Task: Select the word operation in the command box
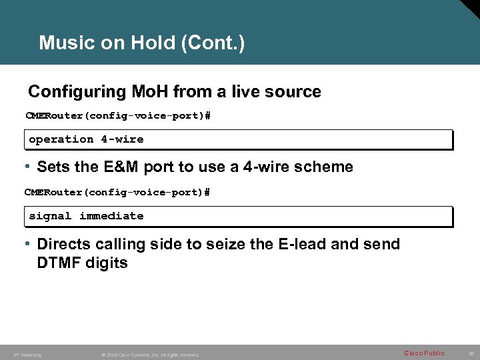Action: pyautogui.click(x=61, y=139)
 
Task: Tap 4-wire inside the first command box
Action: pyautogui.click(x=122, y=139)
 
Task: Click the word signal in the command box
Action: pyautogui.click(x=50, y=216)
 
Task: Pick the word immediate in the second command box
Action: pyautogui.click(x=111, y=216)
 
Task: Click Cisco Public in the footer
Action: pyautogui.click(x=424, y=353)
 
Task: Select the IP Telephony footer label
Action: pyautogui.click(x=27, y=355)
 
